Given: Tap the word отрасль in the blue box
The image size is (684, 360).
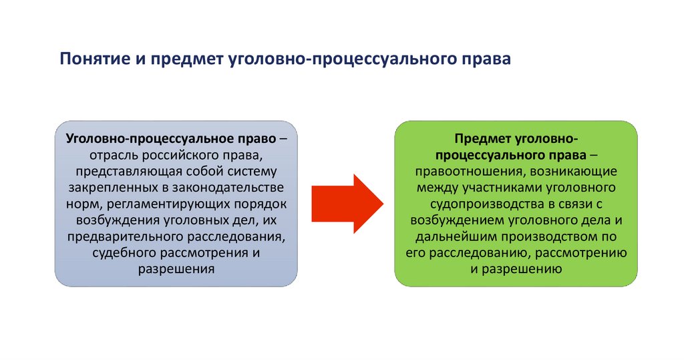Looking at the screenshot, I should [115, 155].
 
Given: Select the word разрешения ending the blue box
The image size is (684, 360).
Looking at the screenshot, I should [176, 268].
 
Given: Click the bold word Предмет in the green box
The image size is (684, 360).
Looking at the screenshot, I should [484, 138].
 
